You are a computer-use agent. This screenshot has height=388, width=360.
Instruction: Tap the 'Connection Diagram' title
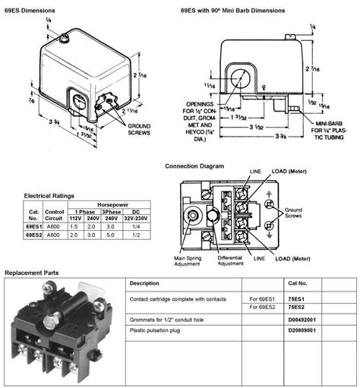coord(195,166)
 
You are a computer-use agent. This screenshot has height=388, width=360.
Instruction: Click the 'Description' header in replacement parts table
coord(144,283)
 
